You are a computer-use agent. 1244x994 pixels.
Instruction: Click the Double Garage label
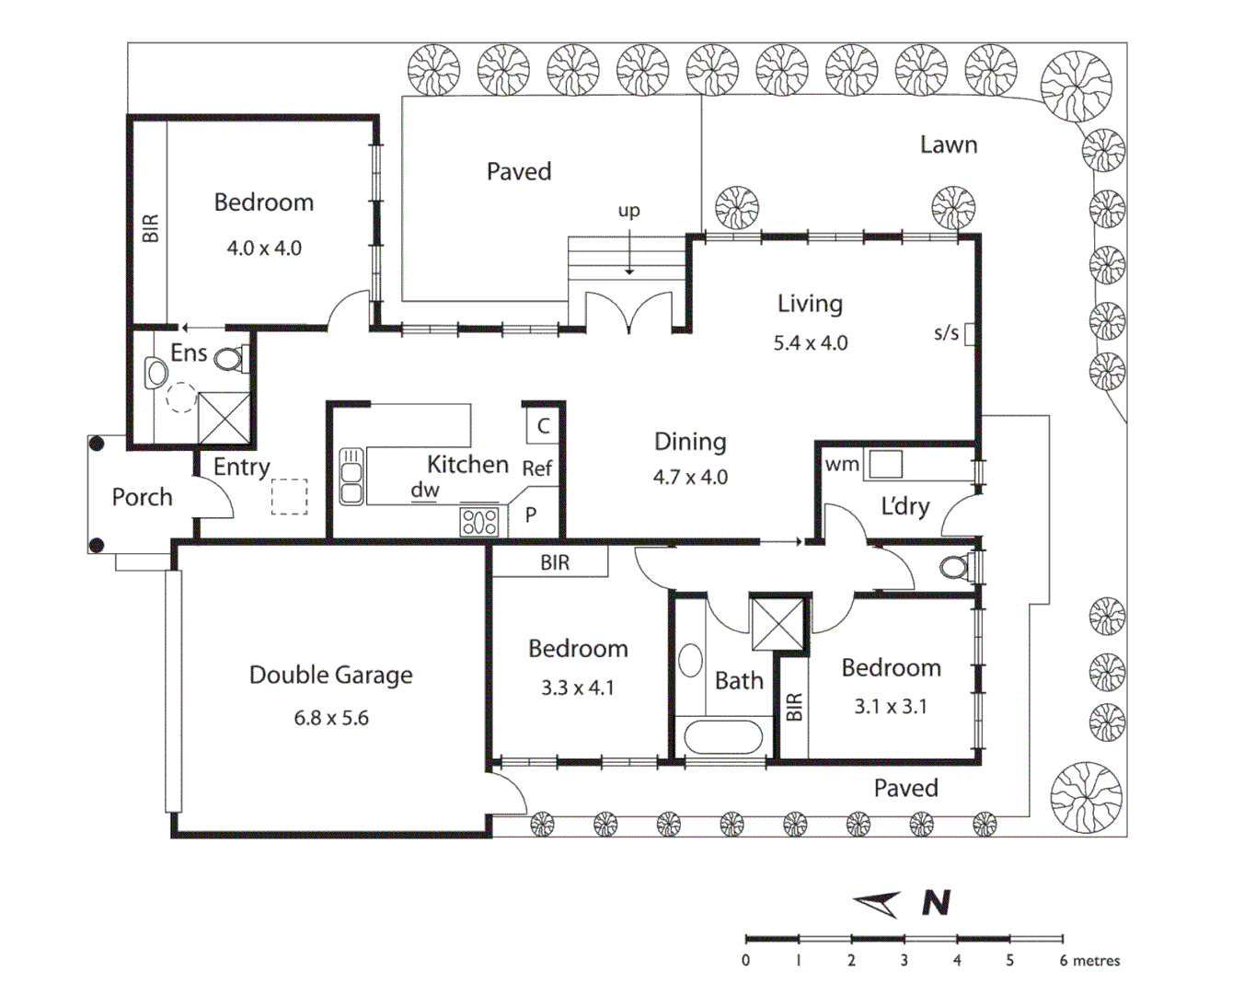[x=330, y=676]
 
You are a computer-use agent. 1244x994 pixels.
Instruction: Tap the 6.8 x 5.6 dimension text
[x=331, y=718]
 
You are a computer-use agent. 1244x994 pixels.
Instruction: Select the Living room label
[x=810, y=304]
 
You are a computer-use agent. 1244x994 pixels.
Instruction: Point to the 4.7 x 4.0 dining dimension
[x=690, y=478]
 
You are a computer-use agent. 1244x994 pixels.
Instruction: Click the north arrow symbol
[x=878, y=904]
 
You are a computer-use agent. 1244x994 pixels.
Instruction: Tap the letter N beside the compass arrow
[x=936, y=903]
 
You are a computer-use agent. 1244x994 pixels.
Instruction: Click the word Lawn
[x=949, y=144]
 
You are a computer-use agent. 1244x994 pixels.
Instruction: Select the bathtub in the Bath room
[x=723, y=736]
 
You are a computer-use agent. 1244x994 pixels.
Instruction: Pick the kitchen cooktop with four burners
[x=479, y=522]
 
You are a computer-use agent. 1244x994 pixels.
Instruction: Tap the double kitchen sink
[x=351, y=476]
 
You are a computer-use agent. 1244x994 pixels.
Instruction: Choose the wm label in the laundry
[x=841, y=465]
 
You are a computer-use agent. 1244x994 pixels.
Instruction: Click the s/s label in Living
[x=946, y=333]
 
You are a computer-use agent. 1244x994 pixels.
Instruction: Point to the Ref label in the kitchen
[x=537, y=468]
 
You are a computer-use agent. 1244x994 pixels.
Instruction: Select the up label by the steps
[x=628, y=211]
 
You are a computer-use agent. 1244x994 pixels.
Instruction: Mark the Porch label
[x=142, y=497]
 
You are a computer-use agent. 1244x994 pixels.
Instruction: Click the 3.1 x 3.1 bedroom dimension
[x=891, y=707]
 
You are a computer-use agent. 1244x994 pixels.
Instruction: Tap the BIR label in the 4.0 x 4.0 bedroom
[x=150, y=228]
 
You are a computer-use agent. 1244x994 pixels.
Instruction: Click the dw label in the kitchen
[x=425, y=491]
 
